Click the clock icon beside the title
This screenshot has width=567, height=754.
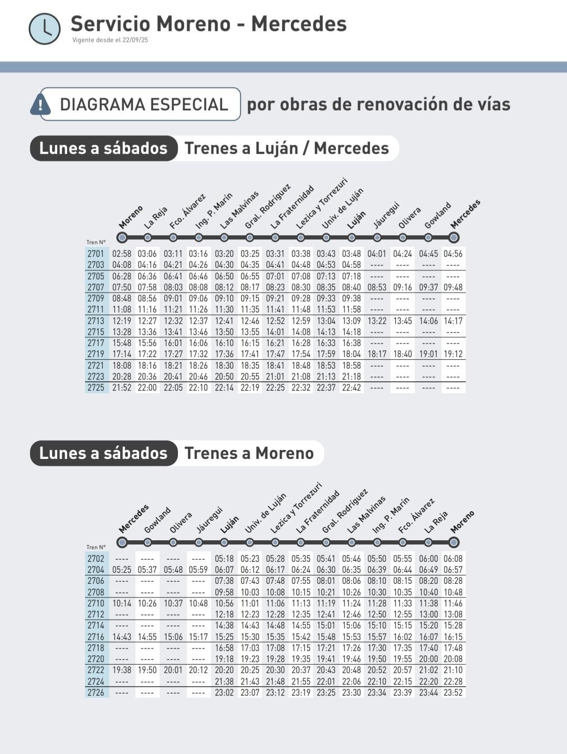[x=45, y=28]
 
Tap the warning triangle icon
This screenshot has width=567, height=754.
[x=40, y=104]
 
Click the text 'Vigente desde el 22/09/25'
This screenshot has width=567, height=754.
[x=110, y=40]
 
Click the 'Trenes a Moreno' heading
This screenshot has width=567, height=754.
[x=249, y=453]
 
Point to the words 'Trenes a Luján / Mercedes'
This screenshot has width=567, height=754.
[x=287, y=148]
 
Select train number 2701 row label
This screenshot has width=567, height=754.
[x=96, y=254]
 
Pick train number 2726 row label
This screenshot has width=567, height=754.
[x=96, y=693]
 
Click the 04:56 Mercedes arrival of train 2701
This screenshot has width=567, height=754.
[x=453, y=254]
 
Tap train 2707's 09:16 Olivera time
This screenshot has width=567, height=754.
[x=403, y=287]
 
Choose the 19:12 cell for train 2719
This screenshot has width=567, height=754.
[x=453, y=354]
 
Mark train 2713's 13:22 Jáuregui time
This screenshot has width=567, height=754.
[x=377, y=321]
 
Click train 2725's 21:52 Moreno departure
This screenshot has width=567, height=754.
[x=122, y=388]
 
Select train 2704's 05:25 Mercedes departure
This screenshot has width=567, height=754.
[x=122, y=570]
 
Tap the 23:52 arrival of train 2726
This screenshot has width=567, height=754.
[x=453, y=693]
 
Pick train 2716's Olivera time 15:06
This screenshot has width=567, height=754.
[x=173, y=637]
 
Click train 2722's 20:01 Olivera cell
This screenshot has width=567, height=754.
[x=173, y=670]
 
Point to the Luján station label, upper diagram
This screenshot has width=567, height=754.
[x=356, y=219]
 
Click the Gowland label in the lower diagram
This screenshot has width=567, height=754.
[x=157, y=519]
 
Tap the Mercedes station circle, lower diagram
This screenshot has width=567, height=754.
[x=122, y=542]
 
